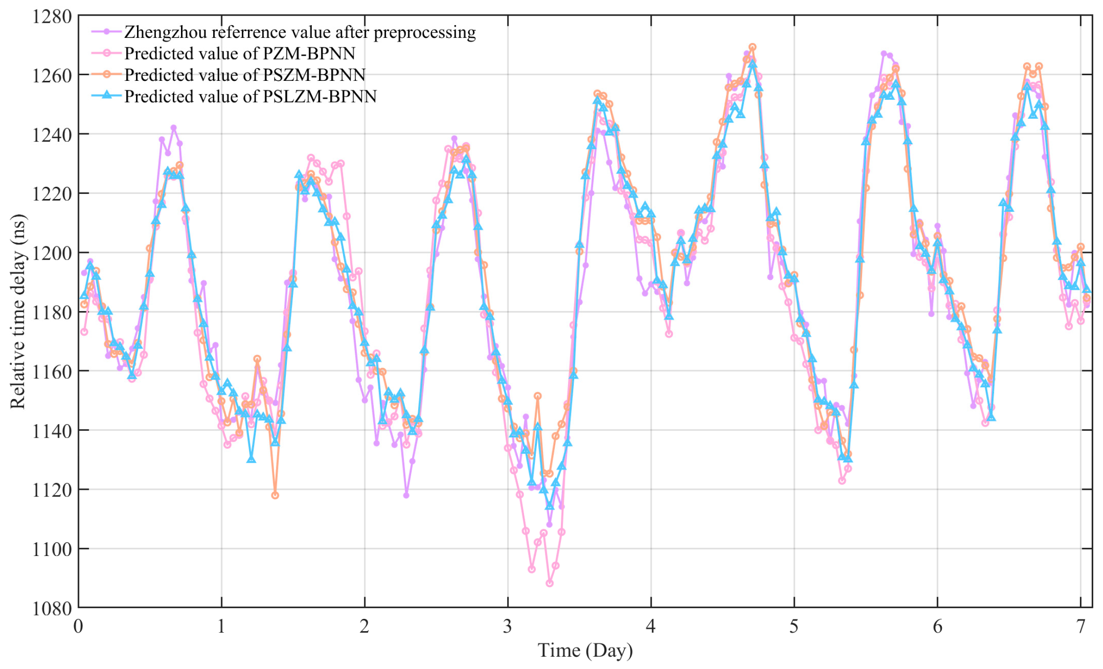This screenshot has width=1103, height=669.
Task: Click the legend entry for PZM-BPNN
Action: pyautogui.click(x=239, y=53)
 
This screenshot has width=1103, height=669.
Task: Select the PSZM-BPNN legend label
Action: pyautogui.click(x=244, y=75)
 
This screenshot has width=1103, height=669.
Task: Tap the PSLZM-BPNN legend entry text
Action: pyautogui.click(x=250, y=96)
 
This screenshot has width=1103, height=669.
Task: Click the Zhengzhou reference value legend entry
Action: pyautogui.click(x=300, y=32)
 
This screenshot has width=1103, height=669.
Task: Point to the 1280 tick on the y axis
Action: pyautogui.click(x=52, y=17)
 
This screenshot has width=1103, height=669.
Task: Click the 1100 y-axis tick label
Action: pyautogui.click(x=52, y=549)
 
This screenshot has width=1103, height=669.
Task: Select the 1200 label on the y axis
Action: pyautogui.click(x=52, y=253)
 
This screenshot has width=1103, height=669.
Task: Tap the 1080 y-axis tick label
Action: pyautogui.click(x=52, y=608)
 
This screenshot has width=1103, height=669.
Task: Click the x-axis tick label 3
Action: pyautogui.click(x=508, y=626)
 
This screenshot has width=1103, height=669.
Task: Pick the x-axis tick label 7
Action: pyautogui.click(x=1081, y=626)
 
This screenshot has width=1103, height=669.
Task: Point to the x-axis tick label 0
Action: pyautogui.click(x=78, y=626)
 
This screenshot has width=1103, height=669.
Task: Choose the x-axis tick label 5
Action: pyautogui.click(x=794, y=626)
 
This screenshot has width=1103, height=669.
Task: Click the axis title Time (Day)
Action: pyautogui.click(x=585, y=651)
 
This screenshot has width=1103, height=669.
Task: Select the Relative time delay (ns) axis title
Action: pyautogui.click(x=18, y=312)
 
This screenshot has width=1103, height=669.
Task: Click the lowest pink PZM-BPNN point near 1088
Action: pyautogui.click(x=549, y=583)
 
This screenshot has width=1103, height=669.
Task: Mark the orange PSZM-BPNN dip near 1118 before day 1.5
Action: pyautogui.click(x=275, y=495)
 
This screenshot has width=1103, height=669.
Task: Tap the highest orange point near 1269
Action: pyautogui.click(x=752, y=47)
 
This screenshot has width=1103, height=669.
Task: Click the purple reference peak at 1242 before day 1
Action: pyautogui.click(x=173, y=128)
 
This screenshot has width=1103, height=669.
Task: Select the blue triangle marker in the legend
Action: pyautogui.click(x=107, y=96)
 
